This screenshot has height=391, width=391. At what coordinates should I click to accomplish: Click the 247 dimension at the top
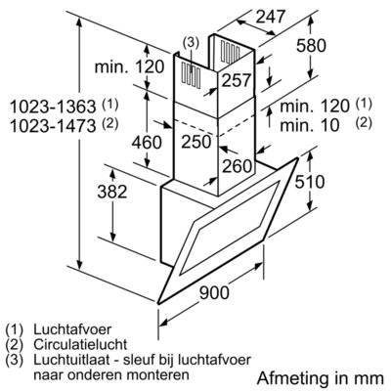point(270,17)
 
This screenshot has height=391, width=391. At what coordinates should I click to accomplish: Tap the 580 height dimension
point(311,45)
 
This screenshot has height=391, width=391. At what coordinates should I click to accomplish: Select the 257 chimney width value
point(237,80)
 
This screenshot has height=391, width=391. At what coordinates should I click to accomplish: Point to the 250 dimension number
point(196,142)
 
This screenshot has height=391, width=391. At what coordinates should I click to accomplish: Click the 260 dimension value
point(238,166)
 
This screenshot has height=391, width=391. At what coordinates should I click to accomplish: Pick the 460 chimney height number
point(147,143)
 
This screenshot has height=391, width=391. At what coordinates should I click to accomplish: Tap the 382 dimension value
point(112,192)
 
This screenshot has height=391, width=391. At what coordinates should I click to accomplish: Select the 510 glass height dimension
point(310,182)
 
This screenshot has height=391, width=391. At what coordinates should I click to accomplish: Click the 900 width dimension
point(214,292)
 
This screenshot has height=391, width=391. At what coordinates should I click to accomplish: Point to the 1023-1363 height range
point(53,107)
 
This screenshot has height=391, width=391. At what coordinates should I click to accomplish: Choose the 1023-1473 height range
point(53,126)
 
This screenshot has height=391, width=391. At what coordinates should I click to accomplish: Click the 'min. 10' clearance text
point(310,125)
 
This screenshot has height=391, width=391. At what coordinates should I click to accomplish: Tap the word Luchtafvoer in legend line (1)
point(72,329)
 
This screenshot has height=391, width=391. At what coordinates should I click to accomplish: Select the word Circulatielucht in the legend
point(80,344)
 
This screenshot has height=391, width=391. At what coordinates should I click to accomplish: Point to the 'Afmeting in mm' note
point(321,378)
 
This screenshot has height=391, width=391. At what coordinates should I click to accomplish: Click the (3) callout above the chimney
point(191,42)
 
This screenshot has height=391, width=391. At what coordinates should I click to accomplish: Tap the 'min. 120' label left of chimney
point(129,66)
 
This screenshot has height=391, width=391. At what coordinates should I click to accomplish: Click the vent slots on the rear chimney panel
point(231,51)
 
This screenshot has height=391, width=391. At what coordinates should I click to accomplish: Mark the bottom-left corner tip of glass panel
point(158,302)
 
